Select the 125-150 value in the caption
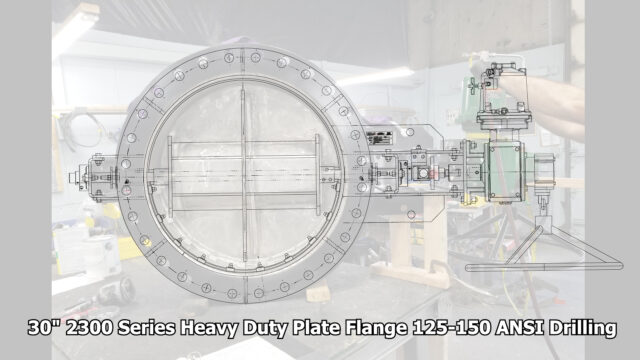451,328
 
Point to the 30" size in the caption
44,328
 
